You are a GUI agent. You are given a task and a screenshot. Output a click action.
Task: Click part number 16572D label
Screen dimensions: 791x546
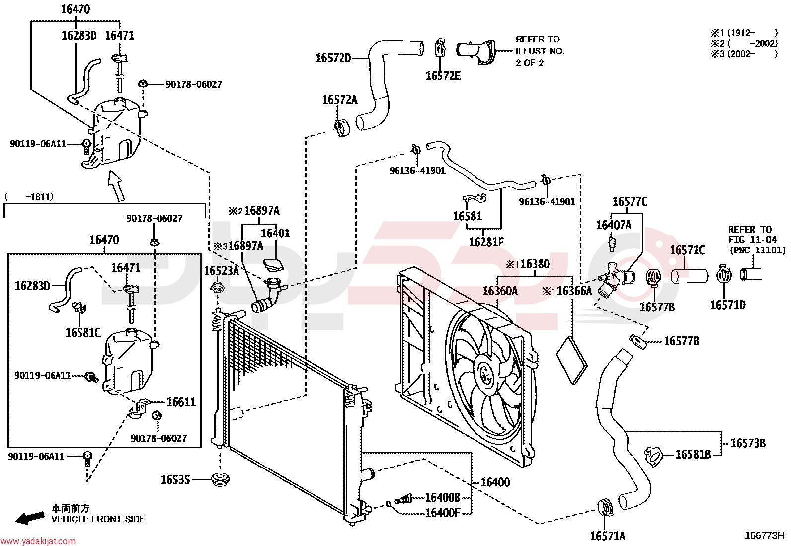pyautogui.click(x=333, y=58)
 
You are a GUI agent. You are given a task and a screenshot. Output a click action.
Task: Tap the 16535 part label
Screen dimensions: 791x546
pyautogui.click(x=175, y=480)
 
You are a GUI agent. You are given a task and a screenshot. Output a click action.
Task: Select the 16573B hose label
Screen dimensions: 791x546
pyautogui.click(x=748, y=443)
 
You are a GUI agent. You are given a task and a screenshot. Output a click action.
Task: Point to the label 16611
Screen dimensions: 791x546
pyautogui.click(x=181, y=402)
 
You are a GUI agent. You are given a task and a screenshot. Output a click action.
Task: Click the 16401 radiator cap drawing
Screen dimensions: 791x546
pyautogui.click(x=273, y=265)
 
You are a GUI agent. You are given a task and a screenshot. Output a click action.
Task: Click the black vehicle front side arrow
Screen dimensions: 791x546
pyautogui.click(x=30, y=518)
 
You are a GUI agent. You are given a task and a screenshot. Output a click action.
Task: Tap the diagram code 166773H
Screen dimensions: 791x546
pyautogui.click(x=764, y=536)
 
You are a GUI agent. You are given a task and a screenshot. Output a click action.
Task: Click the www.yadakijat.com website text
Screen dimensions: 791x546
pyautogui.click(x=38, y=541)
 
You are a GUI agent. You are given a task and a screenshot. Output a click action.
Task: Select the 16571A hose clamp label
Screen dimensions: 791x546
pyautogui.click(x=607, y=536)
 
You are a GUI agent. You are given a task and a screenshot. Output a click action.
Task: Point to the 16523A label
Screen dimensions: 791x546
pyautogui.click(x=222, y=271)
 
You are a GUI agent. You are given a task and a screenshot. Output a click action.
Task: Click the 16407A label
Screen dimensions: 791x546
pyautogui.click(x=614, y=225)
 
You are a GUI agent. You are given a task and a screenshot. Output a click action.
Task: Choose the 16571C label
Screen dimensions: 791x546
pyautogui.click(x=687, y=250)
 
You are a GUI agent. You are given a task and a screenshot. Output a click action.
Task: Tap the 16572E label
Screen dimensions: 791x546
pyautogui.click(x=443, y=76)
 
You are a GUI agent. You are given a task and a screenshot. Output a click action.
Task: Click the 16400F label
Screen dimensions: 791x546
pyautogui.click(x=443, y=512)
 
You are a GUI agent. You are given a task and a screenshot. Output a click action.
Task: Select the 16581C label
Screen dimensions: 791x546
pyautogui.click(x=83, y=333)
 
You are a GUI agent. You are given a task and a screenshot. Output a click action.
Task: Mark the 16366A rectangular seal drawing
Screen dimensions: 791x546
pyautogui.click(x=572, y=360)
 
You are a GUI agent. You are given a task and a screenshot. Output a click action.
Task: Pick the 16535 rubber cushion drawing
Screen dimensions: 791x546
pyautogui.click(x=220, y=480)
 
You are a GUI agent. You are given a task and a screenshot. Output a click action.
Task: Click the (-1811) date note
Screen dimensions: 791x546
pyautogui.click(x=29, y=197)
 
